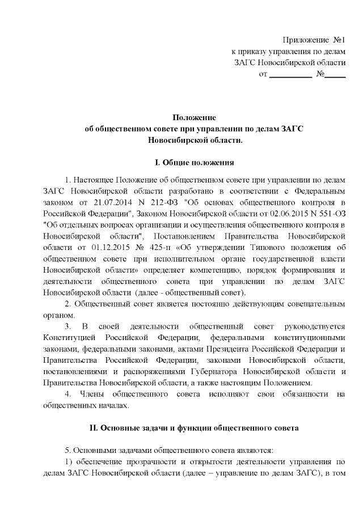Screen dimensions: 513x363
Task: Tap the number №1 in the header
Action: point(339,40)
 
